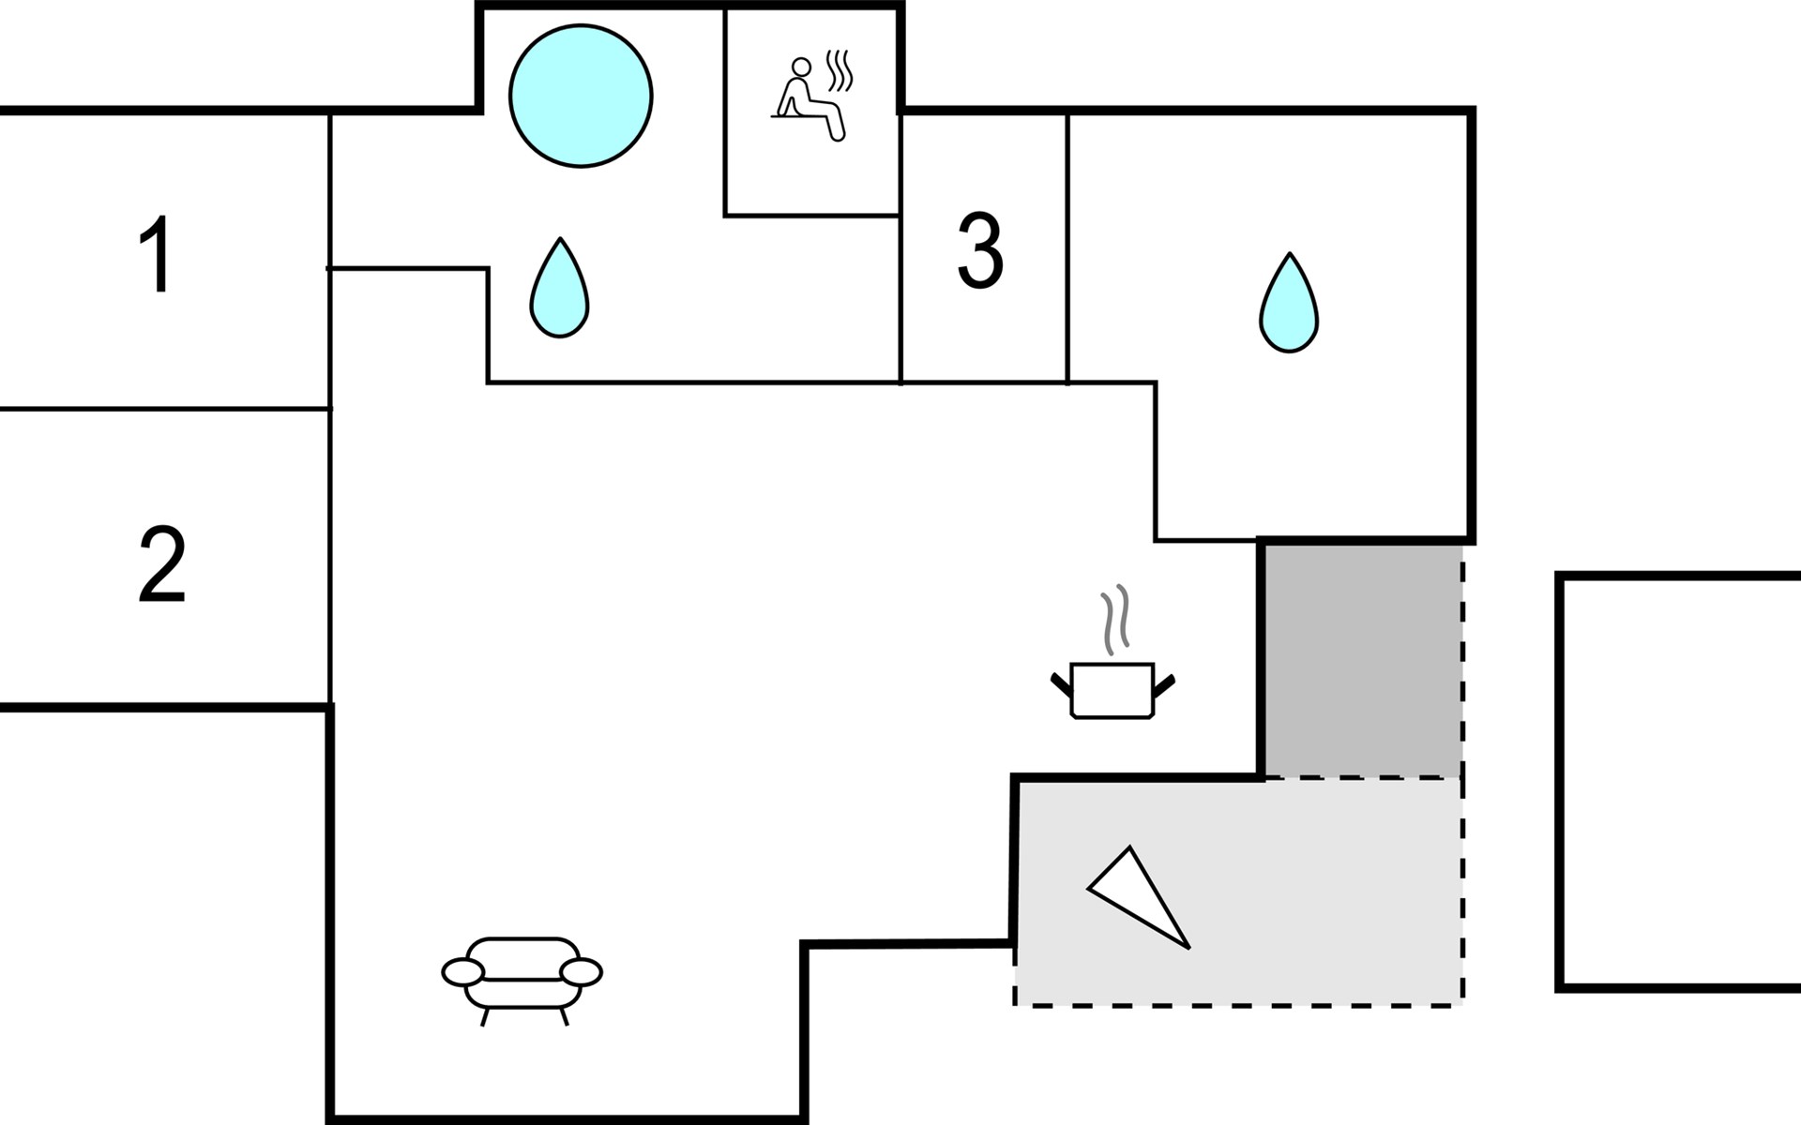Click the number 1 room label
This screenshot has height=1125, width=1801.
156,254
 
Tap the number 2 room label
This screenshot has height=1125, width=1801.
161,564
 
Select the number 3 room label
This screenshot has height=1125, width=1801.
980,250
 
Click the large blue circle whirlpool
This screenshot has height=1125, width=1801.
581,97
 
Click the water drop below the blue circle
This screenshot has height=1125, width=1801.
559,290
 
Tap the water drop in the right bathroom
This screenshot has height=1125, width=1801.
1289,305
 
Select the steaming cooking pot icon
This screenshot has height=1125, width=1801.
1112,689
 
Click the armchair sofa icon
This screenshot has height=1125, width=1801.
522,976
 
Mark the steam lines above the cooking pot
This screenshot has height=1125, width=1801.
1114,620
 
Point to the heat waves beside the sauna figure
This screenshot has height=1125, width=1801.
840,71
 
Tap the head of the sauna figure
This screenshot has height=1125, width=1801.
800,67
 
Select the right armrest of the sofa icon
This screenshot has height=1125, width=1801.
582,972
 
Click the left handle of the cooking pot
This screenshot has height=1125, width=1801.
1061,683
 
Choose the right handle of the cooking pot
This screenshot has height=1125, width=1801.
1163,684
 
